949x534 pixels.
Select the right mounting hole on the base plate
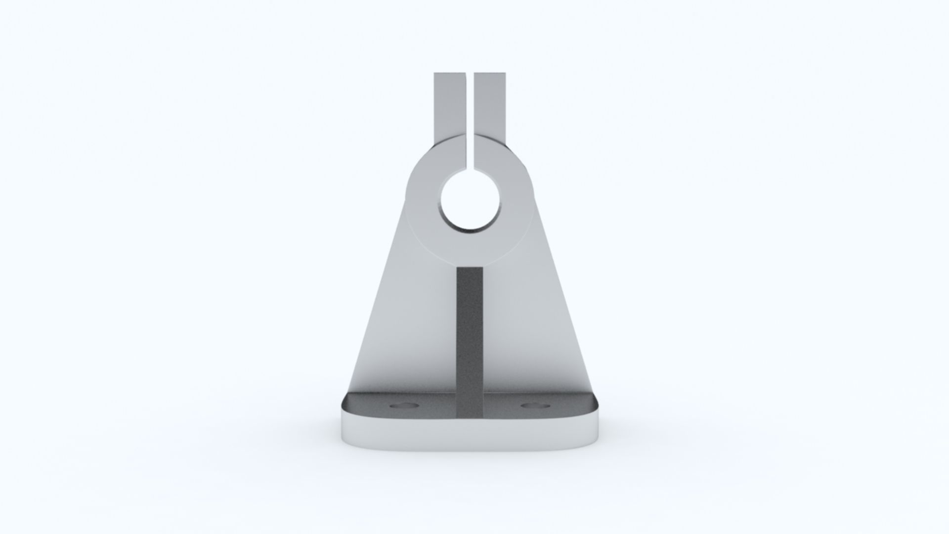(x=535, y=405)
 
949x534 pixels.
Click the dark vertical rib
(x=470, y=336)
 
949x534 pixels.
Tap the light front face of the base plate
(x=470, y=435)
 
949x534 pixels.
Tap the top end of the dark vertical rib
(x=470, y=269)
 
